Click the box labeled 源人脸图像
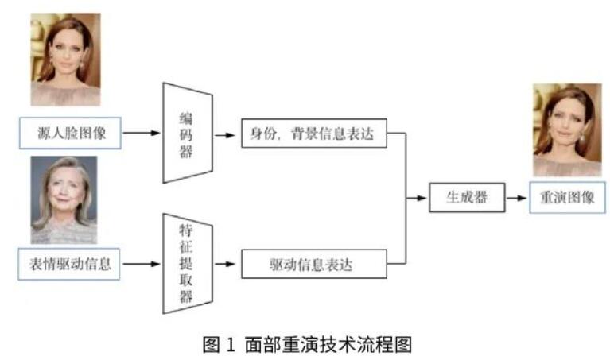click(x=71, y=134)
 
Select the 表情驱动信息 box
click(x=69, y=264)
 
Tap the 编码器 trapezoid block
click(x=186, y=133)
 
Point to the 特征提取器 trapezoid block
click(x=186, y=264)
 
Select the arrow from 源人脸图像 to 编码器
click(x=142, y=134)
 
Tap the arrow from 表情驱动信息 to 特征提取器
click(x=142, y=264)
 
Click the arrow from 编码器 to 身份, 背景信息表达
click(x=226, y=134)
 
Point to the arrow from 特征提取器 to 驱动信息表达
click(x=226, y=264)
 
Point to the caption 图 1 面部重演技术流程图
click(x=306, y=344)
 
